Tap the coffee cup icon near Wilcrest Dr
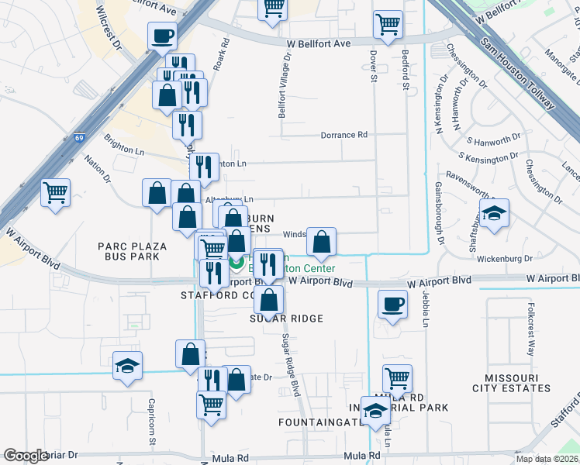(162, 36)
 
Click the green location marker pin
(236, 263)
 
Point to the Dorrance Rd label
(344, 135)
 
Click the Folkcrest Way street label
(531, 333)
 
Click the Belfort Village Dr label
(285, 85)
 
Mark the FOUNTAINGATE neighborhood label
(321, 422)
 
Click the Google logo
(26, 456)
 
